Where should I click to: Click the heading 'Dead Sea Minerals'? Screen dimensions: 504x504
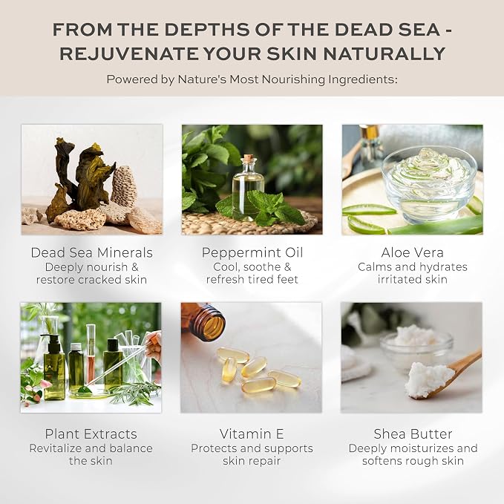(x=91, y=252)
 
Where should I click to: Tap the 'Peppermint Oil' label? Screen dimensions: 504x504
(x=252, y=252)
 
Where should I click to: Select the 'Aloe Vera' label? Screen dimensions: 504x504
(x=413, y=252)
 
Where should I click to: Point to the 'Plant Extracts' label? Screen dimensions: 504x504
(x=91, y=434)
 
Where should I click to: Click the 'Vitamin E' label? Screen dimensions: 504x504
(x=252, y=434)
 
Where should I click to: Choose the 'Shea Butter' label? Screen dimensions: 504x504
(x=413, y=434)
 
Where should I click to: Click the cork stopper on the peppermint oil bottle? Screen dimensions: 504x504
(x=248, y=158)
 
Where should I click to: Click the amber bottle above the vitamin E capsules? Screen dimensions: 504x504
(x=203, y=321)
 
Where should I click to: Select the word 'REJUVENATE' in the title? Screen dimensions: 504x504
(x=128, y=53)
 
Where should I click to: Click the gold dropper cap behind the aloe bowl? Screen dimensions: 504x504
(x=370, y=131)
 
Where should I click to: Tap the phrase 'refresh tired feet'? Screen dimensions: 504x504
(x=252, y=279)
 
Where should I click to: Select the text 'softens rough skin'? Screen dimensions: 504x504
(x=413, y=461)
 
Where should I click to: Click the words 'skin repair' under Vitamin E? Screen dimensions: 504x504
(x=252, y=461)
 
